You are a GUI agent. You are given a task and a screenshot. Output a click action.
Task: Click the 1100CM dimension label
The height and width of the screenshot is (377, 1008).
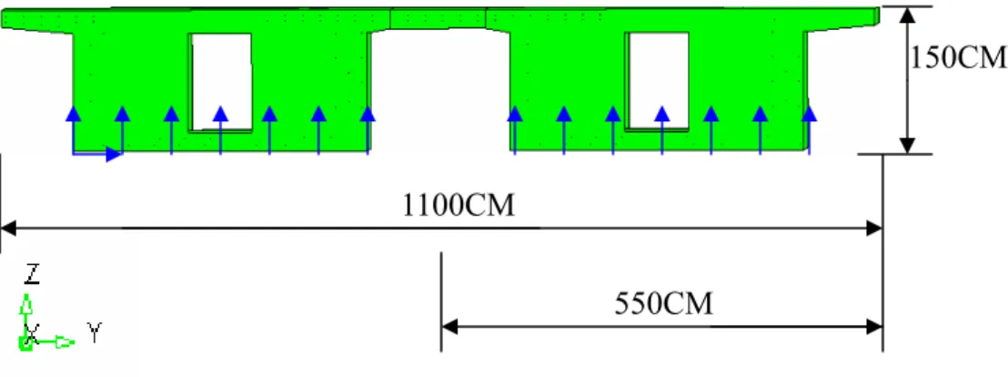pos(459,206)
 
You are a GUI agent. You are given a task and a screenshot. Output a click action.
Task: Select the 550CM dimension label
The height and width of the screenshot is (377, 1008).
pos(664,303)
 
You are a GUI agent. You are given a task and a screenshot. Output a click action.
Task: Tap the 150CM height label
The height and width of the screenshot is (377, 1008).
pos(957,58)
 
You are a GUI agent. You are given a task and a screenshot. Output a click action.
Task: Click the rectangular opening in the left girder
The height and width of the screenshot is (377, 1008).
pos(220,82)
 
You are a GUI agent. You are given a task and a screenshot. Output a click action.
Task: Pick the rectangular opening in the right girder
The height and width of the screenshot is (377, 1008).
pos(659,81)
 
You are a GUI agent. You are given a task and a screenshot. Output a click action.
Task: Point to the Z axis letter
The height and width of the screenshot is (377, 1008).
pos(32,275)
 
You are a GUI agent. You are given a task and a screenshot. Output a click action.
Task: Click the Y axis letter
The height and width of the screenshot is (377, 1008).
pos(95,333)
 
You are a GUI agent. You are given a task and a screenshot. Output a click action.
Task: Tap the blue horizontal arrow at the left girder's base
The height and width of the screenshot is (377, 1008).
pos(96,154)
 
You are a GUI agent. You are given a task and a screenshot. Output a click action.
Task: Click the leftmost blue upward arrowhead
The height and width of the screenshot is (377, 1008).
pos(74,114)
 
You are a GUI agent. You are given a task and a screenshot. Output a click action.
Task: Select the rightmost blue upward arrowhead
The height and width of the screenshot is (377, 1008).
pos(809,114)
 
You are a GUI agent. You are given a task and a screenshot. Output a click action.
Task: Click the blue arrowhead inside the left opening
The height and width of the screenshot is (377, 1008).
pos(220,114)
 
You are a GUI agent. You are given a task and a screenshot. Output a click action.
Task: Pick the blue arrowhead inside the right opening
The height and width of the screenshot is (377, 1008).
pos(661,114)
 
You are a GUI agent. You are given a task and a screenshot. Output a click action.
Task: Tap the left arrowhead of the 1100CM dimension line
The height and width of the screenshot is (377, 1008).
pos(7,228)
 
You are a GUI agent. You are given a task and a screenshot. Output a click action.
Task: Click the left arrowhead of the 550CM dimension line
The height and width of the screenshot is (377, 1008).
pos(449,326)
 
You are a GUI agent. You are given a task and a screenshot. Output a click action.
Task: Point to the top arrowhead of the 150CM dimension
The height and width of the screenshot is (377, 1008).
pos(906,15)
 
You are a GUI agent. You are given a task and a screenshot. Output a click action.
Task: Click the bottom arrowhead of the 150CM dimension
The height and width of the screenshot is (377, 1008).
pos(906,146)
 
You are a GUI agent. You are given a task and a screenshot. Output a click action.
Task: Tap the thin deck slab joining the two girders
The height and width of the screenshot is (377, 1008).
pos(438,18)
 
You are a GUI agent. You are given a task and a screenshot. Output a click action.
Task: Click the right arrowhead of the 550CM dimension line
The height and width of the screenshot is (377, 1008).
pos(874,326)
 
